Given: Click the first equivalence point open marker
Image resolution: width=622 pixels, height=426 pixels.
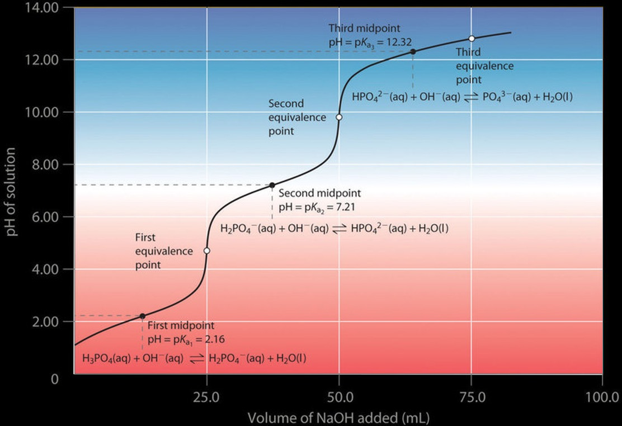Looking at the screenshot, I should [206, 251].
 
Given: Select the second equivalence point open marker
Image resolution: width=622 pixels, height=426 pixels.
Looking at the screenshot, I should [339, 117].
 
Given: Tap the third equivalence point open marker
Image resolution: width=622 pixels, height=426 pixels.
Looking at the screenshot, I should [472, 39].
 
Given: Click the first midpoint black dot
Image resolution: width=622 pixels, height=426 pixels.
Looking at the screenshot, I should [142, 316].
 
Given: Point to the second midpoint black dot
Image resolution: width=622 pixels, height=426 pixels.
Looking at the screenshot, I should [272, 185].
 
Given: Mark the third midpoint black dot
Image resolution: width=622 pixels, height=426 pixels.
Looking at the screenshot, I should [413, 51].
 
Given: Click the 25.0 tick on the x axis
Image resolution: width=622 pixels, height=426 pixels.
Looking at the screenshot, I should [206, 397].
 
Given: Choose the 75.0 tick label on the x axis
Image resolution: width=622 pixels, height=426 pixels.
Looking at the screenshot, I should [471, 397].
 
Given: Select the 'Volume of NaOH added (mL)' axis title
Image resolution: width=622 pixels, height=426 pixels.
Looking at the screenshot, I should [339, 417].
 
